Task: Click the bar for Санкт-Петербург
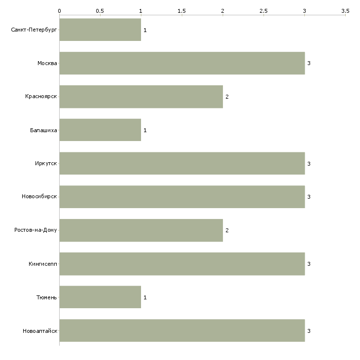pyautogui.click(x=100, y=30)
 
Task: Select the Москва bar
pyautogui.click(x=182, y=63)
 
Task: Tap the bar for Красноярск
pyautogui.click(x=141, y=97)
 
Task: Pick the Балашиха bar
pyautogui.click(x=100, y=130)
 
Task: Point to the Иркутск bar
pyautogui.click(x=182, y=163)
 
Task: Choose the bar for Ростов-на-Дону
pyautogui.click(x=141, y=230)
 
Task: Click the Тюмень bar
pyautogui.click(x=100, y=297)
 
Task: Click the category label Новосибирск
pyautogui.click(x=39, y=197)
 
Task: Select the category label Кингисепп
pyautogui.click(x=43, y=264)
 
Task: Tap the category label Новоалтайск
pyautogui.click(x=40, y=331)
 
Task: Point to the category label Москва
pyautogui.click(x=47, y=63)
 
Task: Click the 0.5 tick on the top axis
pyautogui.click(x=100, y=11)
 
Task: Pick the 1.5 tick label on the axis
pyautogui.click(x=181, y=11)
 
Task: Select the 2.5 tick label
pyautogui.click(x=263, y=11)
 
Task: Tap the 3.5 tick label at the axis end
pyautogui.click(x=345, y=11)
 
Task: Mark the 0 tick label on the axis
pyautogui.click(x=60, y=11)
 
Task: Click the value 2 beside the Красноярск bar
pyautogui.click(x=227, y=97)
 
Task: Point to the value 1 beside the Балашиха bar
pyautogui.click(x=145, y=130)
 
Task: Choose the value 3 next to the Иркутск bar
pyautogui.click(x=309, y=164)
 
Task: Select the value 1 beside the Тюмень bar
pyautogui.click(x=145, y=297)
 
